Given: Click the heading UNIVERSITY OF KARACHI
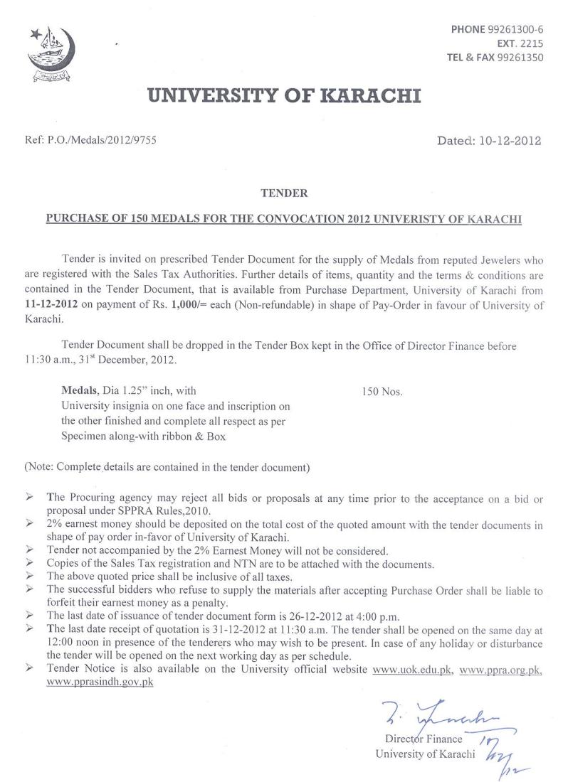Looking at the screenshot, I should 283,95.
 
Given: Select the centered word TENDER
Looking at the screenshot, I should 284,193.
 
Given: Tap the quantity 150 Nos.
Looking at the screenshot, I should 383,392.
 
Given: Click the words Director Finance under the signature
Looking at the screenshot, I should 423,739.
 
